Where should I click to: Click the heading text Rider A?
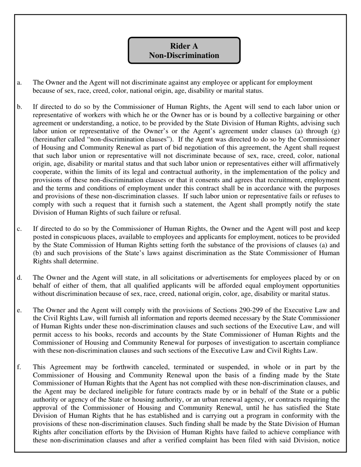(x=184, y=46)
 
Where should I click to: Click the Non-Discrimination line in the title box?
(x=184, y=55)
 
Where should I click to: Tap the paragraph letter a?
(x=19, y=82)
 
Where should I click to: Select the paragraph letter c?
(x=19, y=229)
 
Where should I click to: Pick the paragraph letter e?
(x=19, y=310)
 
